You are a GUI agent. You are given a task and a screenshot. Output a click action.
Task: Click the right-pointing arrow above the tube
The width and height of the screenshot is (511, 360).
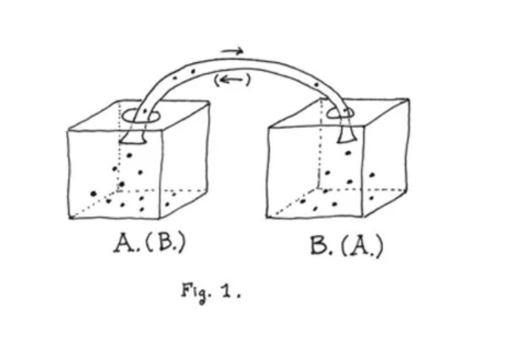tap(232, 51)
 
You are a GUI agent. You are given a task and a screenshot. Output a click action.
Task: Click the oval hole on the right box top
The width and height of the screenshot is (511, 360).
tap(345, 112)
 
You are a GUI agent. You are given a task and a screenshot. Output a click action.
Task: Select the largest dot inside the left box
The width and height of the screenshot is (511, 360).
tap(94, 194)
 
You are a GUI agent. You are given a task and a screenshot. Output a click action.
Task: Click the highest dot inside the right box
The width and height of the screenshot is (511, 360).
tap(347, 153)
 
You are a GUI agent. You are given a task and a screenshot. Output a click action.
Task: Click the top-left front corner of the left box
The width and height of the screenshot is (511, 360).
tap(68, 131)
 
